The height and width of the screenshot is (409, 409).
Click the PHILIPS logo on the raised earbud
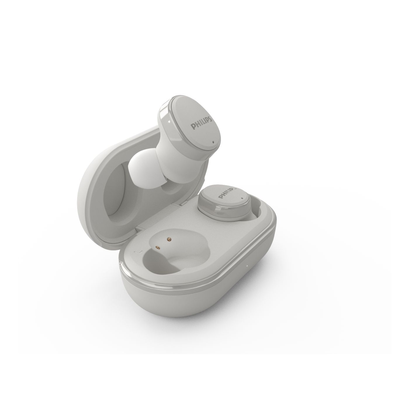click(x=202, y=123)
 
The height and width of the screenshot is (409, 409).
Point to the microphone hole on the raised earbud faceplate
click(x=213, y=142)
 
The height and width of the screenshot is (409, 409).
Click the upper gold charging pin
click(x=169, y=239)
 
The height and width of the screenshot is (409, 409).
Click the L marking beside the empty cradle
click(x=136, y=252)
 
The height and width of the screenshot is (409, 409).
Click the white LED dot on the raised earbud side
click(x=169, y=122)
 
